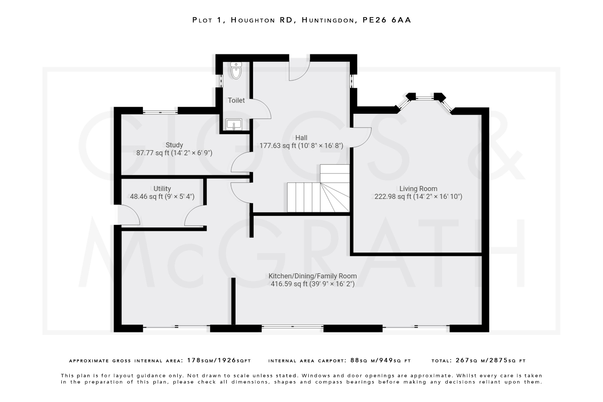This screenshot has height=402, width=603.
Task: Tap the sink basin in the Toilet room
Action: (234, 124)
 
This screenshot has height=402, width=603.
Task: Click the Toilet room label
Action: (236, 100)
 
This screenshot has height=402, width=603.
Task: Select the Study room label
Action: (174, 145)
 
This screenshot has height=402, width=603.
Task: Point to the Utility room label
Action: (162, 188)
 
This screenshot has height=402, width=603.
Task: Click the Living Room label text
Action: (418, 188)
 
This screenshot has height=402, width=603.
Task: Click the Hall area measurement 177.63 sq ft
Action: (301, 145)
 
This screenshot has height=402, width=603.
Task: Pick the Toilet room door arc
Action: (261, 109)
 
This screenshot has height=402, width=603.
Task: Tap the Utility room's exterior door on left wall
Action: (129, 215)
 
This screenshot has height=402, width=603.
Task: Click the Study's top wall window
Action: (160, 112)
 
